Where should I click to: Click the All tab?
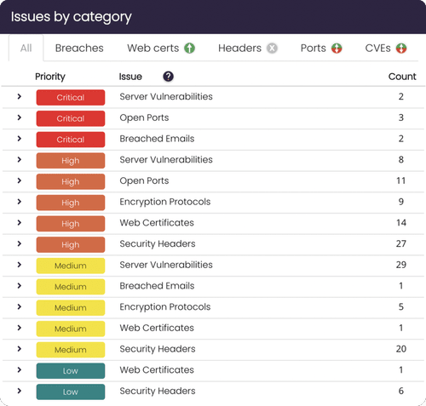(x=26, y=49)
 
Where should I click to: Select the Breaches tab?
(x=79, y=49)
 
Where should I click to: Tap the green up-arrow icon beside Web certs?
(x=189, y=48)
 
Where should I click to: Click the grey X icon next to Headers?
(x=272, y=48)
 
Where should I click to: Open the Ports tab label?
(x=314, y=49)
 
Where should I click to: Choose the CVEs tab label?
(x=377, y=49)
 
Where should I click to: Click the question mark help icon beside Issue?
(x=168, y=77)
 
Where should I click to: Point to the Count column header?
(x=402, y=77)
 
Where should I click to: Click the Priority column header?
(x=50, y=77)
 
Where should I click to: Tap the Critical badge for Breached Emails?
(x=71, y=140)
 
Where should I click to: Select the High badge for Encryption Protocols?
(x=71, y=203)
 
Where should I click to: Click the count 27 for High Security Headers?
(x=401, y=243)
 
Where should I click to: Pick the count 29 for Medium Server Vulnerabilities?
(x=401, y=265)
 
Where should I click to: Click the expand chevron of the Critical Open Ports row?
(x=19, y=117)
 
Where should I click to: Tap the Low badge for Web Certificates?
(x=71, y=370)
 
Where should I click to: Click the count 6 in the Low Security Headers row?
(x=401, y=391)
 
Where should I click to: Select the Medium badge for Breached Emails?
(x=71, y=287)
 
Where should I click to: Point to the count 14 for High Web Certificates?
(x=401, y=222)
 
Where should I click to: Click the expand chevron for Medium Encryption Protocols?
(x=19, y=306)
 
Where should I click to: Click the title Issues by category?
(x=72, y=17)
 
